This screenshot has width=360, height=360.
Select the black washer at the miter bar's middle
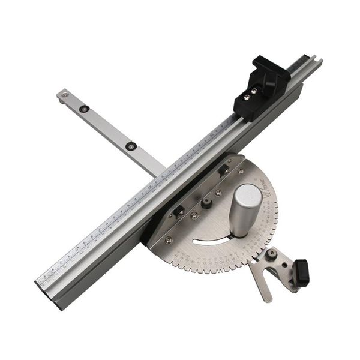coord(85,109)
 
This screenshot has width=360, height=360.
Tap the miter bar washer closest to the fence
coord(130,146)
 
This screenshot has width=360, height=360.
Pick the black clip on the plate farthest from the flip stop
coord(178,211)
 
